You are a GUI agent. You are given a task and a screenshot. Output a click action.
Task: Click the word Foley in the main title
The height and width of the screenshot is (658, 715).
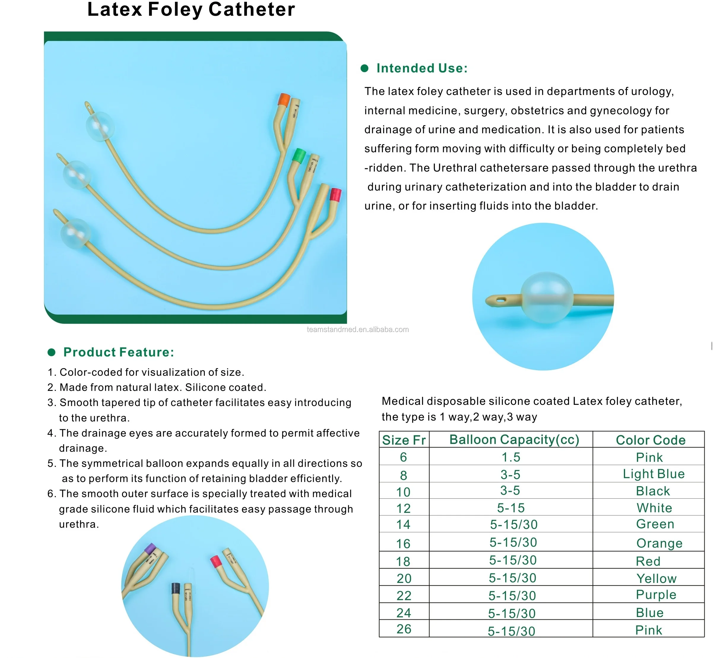click(175, 9)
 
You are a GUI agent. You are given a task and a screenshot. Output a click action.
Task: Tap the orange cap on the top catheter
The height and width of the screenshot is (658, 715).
click(284, 100)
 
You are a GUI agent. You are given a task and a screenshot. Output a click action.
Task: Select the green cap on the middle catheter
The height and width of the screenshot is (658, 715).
click(299, 156)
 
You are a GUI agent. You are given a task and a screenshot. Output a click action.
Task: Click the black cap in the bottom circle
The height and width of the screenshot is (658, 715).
click(175, 588)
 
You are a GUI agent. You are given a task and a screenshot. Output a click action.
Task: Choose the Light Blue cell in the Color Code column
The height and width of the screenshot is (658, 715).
click(653, 474)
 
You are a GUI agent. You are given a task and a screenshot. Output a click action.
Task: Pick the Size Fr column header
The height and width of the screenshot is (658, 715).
click(404, 440)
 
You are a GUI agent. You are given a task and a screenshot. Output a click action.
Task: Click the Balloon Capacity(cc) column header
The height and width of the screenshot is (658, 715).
click(514, 440)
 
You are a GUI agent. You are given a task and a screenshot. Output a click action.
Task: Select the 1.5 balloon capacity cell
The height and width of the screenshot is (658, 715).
click(511, 457)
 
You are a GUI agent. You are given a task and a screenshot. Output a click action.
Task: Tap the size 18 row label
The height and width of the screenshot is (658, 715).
click(403, 562)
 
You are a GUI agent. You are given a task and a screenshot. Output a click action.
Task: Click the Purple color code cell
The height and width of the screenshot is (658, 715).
click(656, 594)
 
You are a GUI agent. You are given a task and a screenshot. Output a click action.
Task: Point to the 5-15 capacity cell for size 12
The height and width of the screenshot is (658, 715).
click(511, 508)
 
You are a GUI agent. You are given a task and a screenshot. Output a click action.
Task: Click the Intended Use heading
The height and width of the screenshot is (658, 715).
click(422, 68)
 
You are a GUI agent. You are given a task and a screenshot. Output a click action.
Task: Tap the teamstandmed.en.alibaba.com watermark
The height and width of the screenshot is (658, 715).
click(357, 330)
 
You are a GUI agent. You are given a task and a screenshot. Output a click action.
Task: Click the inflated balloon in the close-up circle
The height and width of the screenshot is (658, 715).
click(547, 298)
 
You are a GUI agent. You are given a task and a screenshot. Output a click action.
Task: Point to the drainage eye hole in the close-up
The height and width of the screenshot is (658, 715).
click(501, 300)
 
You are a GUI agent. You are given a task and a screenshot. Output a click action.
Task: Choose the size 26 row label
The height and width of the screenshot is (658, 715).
click(404, 629)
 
